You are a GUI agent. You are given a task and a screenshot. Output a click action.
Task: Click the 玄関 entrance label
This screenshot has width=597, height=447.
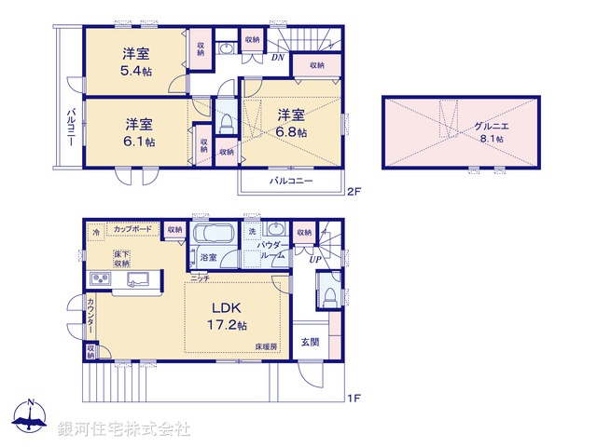tap(310, 342)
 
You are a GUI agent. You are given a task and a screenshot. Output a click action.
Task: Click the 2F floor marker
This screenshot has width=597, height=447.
tap(353, 193)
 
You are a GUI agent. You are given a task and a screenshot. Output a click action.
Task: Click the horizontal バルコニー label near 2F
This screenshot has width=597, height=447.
tap(291, 180)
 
